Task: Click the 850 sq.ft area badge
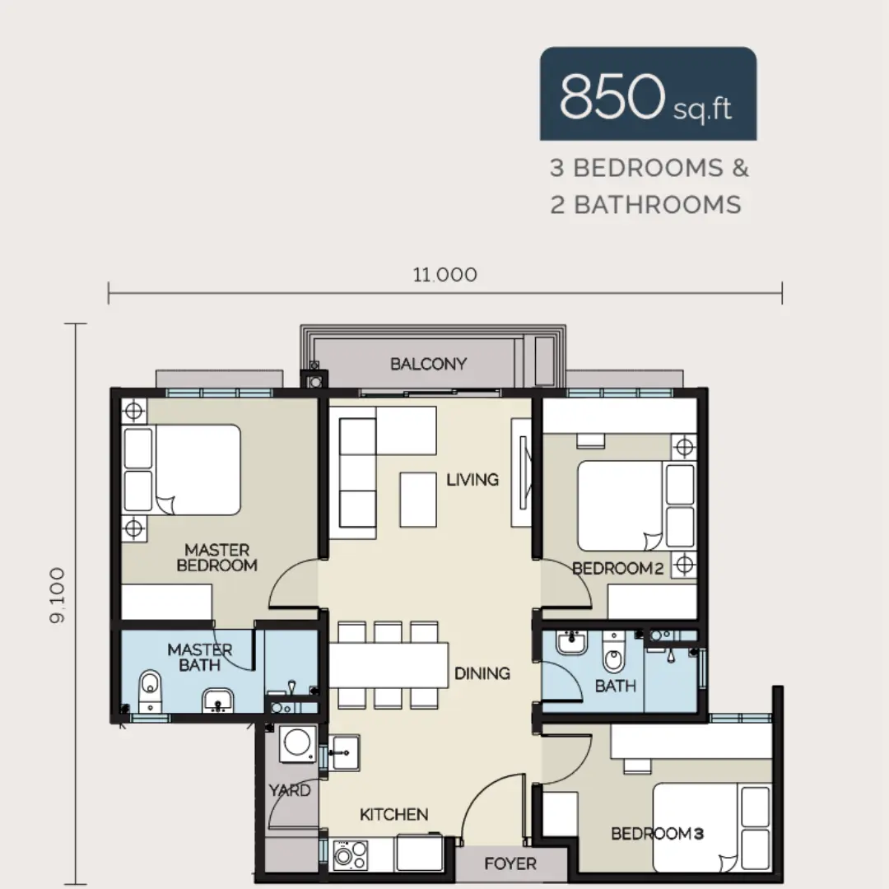(648, 94)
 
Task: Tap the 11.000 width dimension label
(445, 275)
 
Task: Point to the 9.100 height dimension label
(58, 595)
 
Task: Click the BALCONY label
(429, 364)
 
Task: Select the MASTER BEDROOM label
(217, 557)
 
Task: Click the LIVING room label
(472, 480)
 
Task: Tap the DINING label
(482, 673)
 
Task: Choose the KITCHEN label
(394, 814)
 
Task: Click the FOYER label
(510, 863)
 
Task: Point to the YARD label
(290, 790)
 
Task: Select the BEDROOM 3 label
(658, 833)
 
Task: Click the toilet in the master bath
(151, 691)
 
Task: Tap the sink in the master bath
(217, 700)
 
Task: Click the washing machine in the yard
(298, 743)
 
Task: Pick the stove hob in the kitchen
(351, 854)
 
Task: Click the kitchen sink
(343, 752)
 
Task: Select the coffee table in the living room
(418, 500)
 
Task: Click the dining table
(389, 665)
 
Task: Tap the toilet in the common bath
(613, 652)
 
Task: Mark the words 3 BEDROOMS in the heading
(636, 168)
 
